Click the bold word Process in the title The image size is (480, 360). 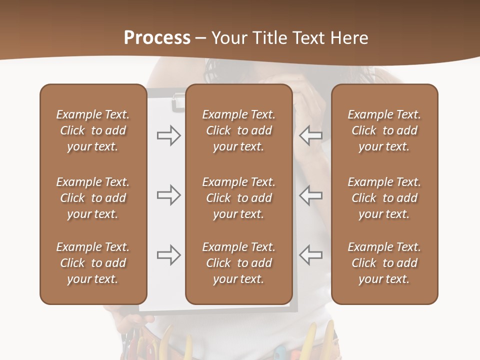coord(157,38)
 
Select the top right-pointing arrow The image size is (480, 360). coord(168,135)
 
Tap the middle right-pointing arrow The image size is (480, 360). coord(168,195)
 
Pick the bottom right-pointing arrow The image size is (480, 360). coord(168,255)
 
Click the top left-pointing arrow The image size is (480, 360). coord(310,135)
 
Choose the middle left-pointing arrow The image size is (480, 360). coord(310,195)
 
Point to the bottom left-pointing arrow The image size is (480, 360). coord(310,255)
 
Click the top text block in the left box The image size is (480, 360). coord(93,130)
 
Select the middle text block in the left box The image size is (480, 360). coord(93,198)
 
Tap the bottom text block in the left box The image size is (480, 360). coord(93,263)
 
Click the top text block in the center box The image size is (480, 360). coord(238,130)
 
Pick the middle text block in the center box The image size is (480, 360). coord(238,198)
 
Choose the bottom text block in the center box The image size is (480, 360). coord(238,263)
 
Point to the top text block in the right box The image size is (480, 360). coord(384,130)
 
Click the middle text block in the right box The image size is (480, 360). coord(384,198)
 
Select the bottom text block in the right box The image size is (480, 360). coord(384,263)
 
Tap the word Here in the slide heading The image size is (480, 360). coord(350,38)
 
